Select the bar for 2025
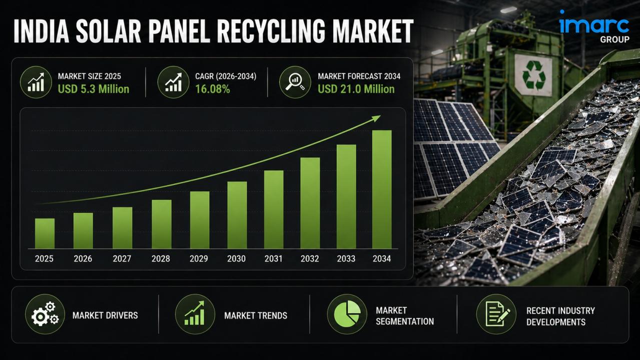tap(45, 233)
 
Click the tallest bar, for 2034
tap(382, 189)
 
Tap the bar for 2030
tap(237, 215)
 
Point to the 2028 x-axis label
tap(161, 258)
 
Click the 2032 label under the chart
tap(310, 258)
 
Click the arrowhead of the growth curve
tap(376, 118)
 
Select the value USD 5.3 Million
tap(94, 89)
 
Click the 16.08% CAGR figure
tap(213, 89)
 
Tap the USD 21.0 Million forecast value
tap(356, 89)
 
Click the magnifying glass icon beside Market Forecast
tap(295, 82)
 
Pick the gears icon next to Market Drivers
tap(45, 314)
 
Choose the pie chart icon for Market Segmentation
tap(347, 314)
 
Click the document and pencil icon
tap(496, 314)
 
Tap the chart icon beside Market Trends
tap(195, 314)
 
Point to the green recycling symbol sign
tap(533, 75)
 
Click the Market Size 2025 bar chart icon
tap(36, 82)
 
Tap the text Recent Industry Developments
tap(560, 316)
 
